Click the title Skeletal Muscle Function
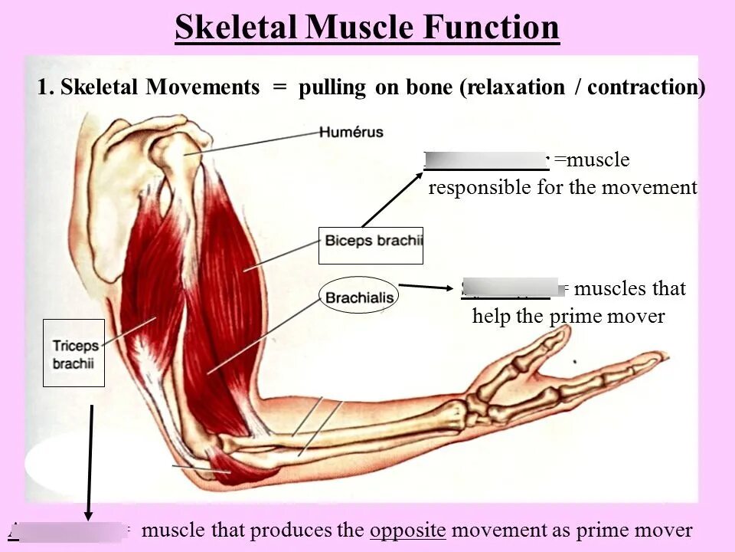(x=367, y=28)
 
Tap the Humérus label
(x=351, y=133)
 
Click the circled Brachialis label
(x=359, y=296)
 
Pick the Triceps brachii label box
(x=73, y=353)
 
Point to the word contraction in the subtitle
(x=645, y=87)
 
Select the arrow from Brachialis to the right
(x=426, y=287)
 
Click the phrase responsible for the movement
(x=563, y=188)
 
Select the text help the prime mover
(x=568, y=316)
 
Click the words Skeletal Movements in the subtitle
(x=160, y=87)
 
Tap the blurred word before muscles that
(x=511, y=287)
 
